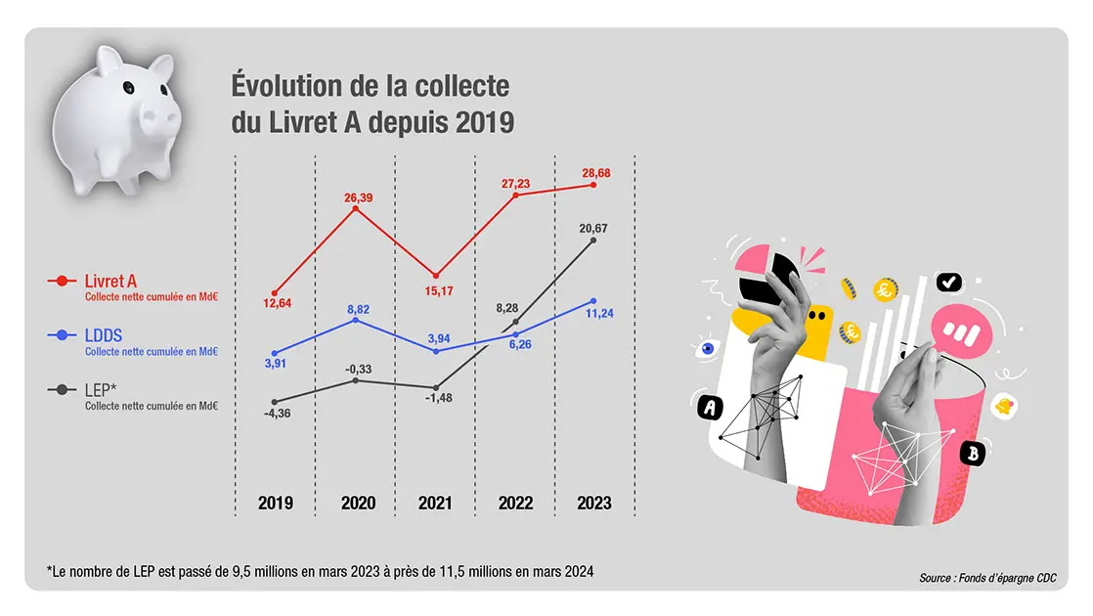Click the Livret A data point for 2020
pyautogui.click(x=355, y=208)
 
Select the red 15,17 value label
pyautogui.click(x=435, y=289)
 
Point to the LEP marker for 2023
pyautogui.click(x=593, y=240)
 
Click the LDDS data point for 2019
pyautogui.click(x=275, y=353)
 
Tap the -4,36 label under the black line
pyautogui.click(x=276, y=414)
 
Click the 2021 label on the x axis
pyautogui.click(x=435, y=504)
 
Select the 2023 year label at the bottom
pyautogui.click(x=593, y=504)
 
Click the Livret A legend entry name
pyautogui.click(x=110, y=281)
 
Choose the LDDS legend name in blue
pyautogui.click(x=104, y=335)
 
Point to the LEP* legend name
pyautogui.click(x=102, y=389)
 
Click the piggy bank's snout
pyautogui.click(x=158, y=119)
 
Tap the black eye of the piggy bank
pyautogui.click(x=127, y=89)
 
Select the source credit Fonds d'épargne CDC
pyautogui.click(x=987, y=578)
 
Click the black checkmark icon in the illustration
pyautogui.click(x=948, y=283)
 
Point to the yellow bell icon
pyautogui.click(x=1002, y=407)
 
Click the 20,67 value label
pyautogui.click(x=593, y=228)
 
